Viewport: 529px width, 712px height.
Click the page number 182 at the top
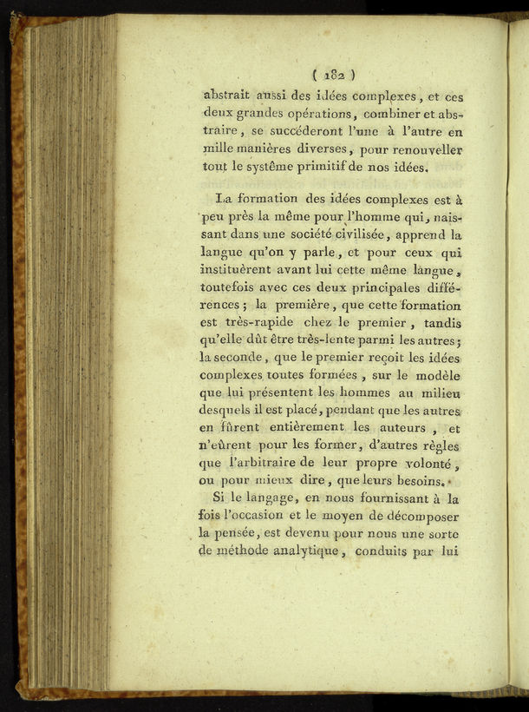pos(332,75)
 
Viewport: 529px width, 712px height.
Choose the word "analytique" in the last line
pos(296,551)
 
